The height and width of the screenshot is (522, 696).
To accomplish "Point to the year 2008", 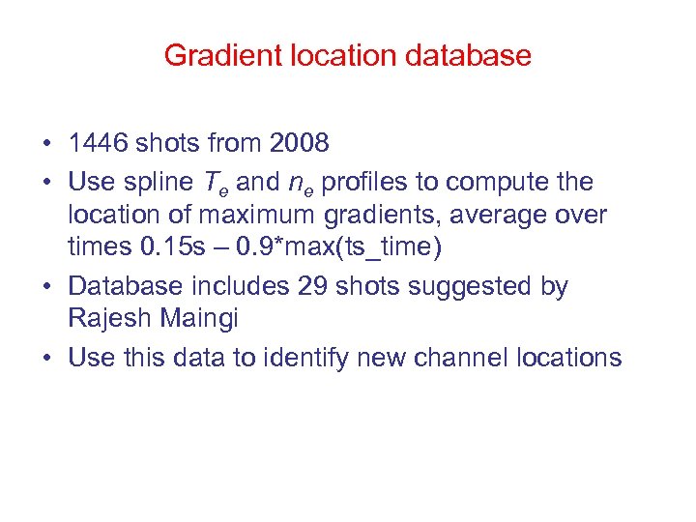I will [300, 144].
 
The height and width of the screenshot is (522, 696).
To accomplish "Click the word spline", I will [156, 182].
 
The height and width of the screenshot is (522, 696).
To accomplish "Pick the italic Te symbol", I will [216, 183].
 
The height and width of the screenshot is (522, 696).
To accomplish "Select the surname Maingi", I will [205, 318].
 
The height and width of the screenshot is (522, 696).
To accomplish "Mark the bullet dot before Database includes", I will [47, 287].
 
